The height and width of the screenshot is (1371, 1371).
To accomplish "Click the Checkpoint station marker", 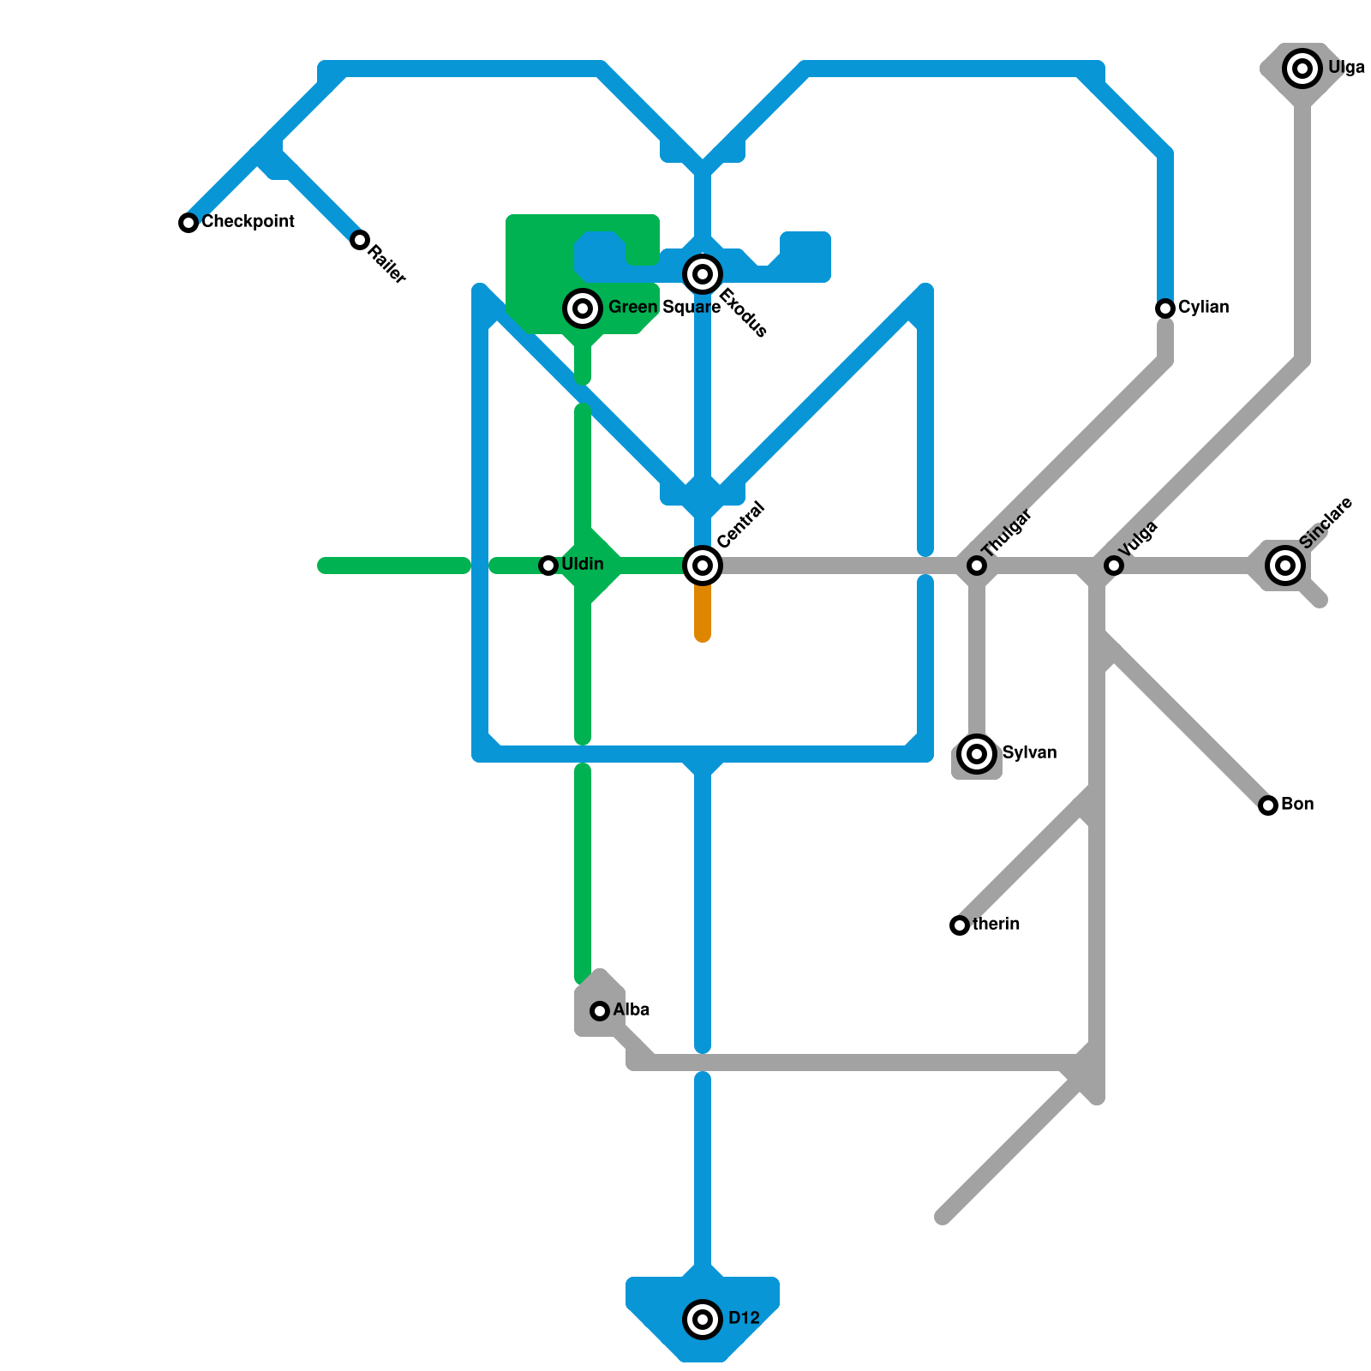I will tap(189, 223).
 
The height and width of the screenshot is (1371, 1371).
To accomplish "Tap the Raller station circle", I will tap(360, 240).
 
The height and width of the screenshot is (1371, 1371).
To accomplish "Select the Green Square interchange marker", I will tap(583, 308).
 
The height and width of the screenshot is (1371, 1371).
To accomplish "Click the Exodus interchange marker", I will tap(703, 274).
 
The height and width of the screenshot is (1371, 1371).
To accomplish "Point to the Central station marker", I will tap(703, 566).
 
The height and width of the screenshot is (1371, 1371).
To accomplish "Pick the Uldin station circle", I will tap(548, 566).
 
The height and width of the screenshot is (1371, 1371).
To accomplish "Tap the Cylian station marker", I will tap(1165, 308).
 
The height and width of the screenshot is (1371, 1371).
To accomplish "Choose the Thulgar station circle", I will tap(977, 566).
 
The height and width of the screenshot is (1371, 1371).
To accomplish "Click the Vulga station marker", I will tap(1114, 566).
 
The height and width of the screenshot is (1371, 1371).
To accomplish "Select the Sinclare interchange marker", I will tap(1285, 566).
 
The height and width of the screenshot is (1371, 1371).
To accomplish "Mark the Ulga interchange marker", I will tap(1302, 69).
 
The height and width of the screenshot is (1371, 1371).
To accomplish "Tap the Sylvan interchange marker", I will tap(977, 754).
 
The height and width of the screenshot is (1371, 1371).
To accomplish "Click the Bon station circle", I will tap(1268, 805).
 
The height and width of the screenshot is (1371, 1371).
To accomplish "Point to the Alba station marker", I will tap(600, 1011).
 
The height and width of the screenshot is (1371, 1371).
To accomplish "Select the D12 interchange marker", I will tap(703, 1320).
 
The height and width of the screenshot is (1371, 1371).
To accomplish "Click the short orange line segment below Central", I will tap(703, 613).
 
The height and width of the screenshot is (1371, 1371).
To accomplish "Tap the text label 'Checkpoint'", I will tap(248, 221).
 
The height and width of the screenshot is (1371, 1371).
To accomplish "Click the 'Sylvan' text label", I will tap(1029, 752).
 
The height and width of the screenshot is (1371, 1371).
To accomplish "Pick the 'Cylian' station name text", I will tap(1203, 307).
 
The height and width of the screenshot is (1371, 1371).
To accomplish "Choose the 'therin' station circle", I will tap(960, 925).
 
